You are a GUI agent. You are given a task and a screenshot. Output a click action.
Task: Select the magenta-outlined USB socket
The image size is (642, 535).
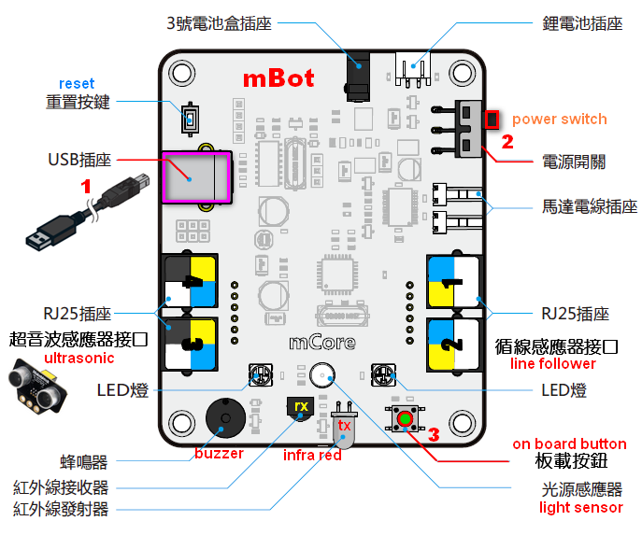coord(196,176)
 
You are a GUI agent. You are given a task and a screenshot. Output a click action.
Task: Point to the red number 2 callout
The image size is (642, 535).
coord(508,143)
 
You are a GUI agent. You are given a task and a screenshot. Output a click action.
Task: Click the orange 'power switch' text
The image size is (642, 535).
coord(559,119)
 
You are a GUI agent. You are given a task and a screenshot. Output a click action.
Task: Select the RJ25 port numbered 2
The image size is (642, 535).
coord(453,343)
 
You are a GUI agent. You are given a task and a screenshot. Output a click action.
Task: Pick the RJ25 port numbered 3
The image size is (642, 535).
coord(191,343)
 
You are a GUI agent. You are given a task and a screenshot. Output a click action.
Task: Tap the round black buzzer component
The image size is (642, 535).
coord(221,426)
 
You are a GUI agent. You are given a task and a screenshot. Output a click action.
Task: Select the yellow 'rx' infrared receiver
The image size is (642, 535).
coord(300,408)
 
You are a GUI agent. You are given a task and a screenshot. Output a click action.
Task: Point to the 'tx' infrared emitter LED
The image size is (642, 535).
coord(343,431)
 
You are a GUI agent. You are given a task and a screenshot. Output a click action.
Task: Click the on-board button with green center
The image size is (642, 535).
coord(405,419)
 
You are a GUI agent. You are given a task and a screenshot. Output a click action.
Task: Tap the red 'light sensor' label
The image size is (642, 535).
coord(580,508)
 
